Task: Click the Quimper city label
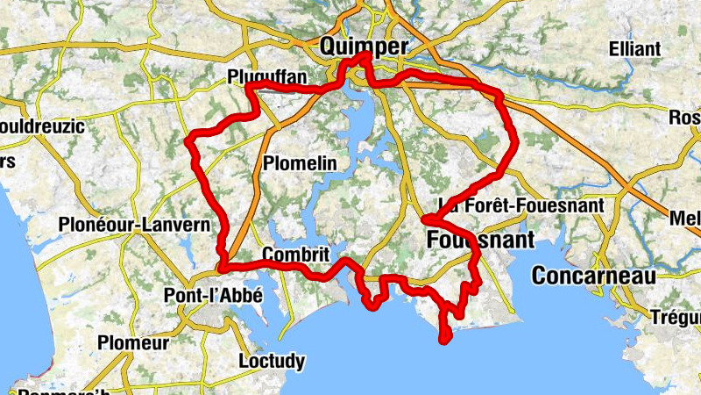point(365,46)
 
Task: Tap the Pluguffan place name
point(266,76)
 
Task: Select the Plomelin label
point(300,163)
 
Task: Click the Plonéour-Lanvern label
point(134,226)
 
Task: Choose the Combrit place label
point(295,255)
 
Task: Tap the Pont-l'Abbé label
point(214,296)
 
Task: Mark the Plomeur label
point(133,342)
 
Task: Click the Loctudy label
point(272,361)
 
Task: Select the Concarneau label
point(595,276)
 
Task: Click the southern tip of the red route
point(445,337)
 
